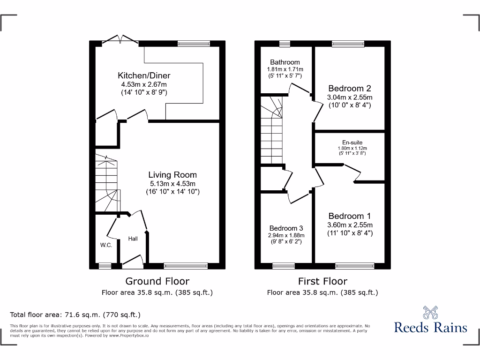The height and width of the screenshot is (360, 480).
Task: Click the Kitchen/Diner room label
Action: click(x=144, y=75)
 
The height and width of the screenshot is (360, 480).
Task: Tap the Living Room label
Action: click(x=172, y=175)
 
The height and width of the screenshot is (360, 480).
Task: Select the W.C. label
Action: click(x=106, y=245)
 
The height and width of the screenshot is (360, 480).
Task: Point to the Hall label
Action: click(x=133, y=239)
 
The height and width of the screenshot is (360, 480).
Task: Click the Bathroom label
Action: click(x=285, y=62)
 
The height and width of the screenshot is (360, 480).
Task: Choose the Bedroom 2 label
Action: click(x=350, y=88)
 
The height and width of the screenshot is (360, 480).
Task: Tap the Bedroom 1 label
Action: click(x=350, y=216)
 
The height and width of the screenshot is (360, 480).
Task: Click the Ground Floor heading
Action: click(x=157, y=281)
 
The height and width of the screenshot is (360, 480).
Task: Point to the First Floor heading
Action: click(x=323, y=281)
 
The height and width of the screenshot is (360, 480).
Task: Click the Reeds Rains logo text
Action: click(x=430, y=327)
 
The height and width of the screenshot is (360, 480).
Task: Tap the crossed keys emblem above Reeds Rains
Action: click(x=430, y=312)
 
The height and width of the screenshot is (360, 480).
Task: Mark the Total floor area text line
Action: click(x=75, y=315)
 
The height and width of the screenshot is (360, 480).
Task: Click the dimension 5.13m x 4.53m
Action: click(x=172, y=184)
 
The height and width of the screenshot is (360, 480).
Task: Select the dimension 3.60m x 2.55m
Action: click(x=350, y=225)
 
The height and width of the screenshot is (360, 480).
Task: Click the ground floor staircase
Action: click(x=106, y=184)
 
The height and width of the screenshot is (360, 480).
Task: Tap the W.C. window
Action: click(x=105, y=266)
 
